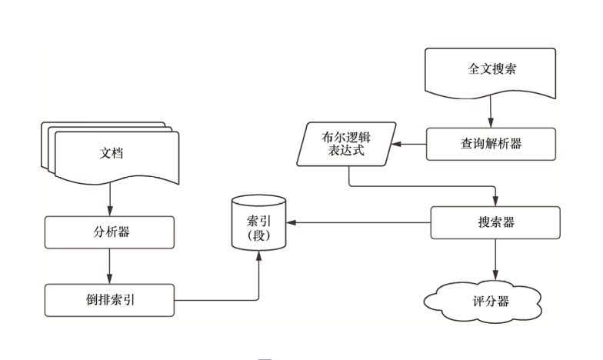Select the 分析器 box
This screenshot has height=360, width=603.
coord(109,232)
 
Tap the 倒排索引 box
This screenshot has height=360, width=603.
coord(109,300)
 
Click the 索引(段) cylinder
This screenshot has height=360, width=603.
coord(258,225)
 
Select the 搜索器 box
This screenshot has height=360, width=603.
coord(493,223)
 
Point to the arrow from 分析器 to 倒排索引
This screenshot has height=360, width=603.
coord(109,265)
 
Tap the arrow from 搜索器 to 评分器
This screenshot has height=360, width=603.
coord(493,259)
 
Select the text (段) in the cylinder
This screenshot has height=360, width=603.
coord(258,234)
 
